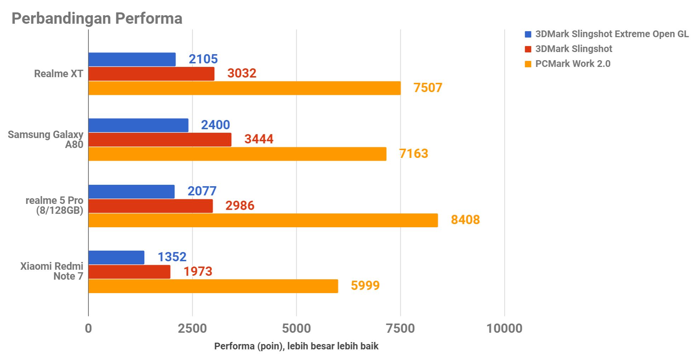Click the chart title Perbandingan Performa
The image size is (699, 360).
[97, 18]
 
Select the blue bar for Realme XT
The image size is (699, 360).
[132, 59]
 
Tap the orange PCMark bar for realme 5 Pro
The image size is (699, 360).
[263, 220]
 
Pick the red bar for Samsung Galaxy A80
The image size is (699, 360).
[160, 139]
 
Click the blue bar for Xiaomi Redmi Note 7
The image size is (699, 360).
[116, 257]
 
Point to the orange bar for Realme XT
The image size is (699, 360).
[244, 88]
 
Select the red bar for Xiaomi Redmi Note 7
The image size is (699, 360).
[129, 272]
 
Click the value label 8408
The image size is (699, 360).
[465, 220]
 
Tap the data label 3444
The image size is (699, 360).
[259, 139]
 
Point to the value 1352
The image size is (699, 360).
[172, 257]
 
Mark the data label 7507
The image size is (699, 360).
[428, 88]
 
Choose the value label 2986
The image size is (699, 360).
[240, 206]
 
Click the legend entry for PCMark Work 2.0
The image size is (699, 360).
[572, 64]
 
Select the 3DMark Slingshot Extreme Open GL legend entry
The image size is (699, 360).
[612, 34]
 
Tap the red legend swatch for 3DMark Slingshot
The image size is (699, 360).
[528, 49]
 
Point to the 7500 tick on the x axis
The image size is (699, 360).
[400, 328]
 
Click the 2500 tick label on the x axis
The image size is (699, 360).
[192, 328]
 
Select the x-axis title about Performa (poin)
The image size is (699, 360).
[296, 346]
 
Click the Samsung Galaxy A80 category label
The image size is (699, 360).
[46, 139]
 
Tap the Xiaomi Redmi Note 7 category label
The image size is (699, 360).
[52, 271]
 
